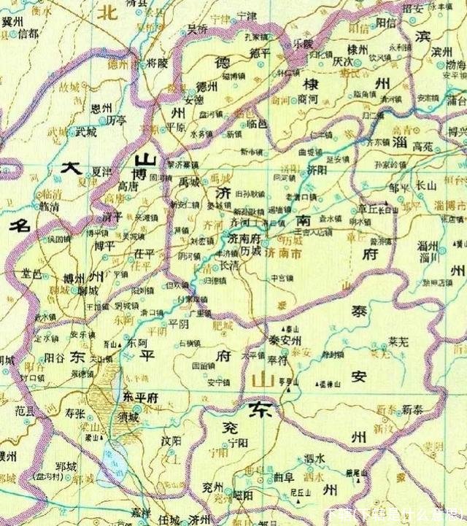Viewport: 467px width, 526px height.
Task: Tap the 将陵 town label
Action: coord(156,63)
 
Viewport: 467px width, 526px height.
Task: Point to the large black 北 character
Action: coord(109,12)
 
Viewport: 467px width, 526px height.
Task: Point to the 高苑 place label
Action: coord(422,146)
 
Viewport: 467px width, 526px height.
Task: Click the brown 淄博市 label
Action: coord(454,206)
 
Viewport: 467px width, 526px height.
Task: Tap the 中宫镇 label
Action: coord(280,277)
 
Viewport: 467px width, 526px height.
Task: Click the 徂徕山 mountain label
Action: coord(331,384)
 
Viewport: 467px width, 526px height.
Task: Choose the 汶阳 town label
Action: coord(170,441)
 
